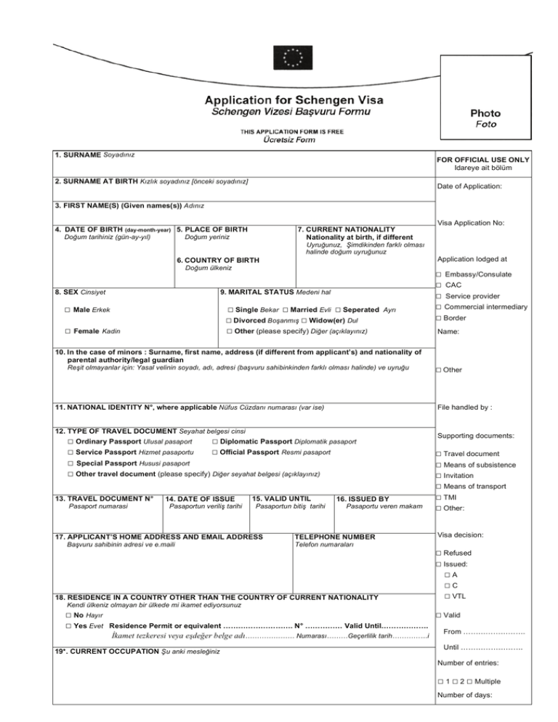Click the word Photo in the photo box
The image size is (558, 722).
click(x=485, y=113)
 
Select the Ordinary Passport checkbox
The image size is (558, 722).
click(x=70, y=441)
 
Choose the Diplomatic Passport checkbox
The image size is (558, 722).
click(x=215, y=441)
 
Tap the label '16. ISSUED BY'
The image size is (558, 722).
click(x=363, y=498)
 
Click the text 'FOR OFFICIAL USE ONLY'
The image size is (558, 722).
click(x=482, y=160)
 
